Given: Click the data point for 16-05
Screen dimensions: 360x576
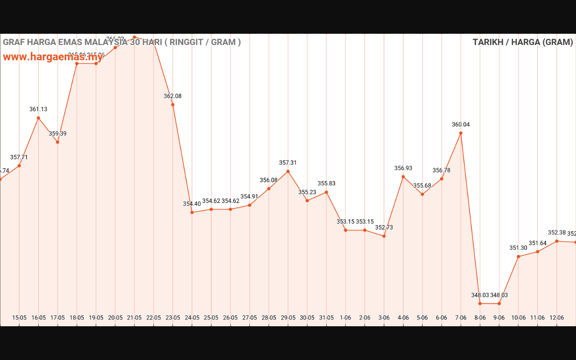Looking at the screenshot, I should (x=38, y=118).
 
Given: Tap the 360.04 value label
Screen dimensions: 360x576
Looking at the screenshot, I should (x=461, y=125).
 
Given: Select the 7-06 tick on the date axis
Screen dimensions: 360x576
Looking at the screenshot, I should (x=461, y=318).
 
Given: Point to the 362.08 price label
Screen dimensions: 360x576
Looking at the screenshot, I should (x=173, y=96).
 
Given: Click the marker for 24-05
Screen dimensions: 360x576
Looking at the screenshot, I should (x=192, y=212).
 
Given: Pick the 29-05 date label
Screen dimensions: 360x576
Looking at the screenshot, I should (x=288, y=318).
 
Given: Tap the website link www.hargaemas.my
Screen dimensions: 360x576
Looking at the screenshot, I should (x=53, y=57).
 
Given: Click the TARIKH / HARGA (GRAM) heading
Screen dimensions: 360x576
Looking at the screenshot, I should (x=522, y=42).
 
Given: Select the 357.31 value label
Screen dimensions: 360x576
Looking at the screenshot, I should (x=288, y=163).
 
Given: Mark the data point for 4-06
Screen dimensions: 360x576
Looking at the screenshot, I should (x=403, y=176).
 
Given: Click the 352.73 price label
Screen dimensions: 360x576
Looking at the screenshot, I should (x=384, y=228).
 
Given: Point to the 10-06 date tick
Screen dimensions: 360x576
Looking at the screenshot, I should (x=518, y=318).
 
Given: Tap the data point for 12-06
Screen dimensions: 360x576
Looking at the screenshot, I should (x=557, y=241).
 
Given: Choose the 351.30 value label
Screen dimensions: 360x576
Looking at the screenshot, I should (x=518, y=248).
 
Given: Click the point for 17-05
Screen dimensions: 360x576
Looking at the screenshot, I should (x=58, y=142).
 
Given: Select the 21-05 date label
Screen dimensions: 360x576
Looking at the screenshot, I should (x=134, y=318).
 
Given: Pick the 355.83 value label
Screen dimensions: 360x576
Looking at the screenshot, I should (x=326, y=184).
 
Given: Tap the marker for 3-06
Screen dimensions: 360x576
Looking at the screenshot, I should (x=384, y=236).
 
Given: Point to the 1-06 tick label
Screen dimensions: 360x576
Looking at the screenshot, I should (x=346, y=318).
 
